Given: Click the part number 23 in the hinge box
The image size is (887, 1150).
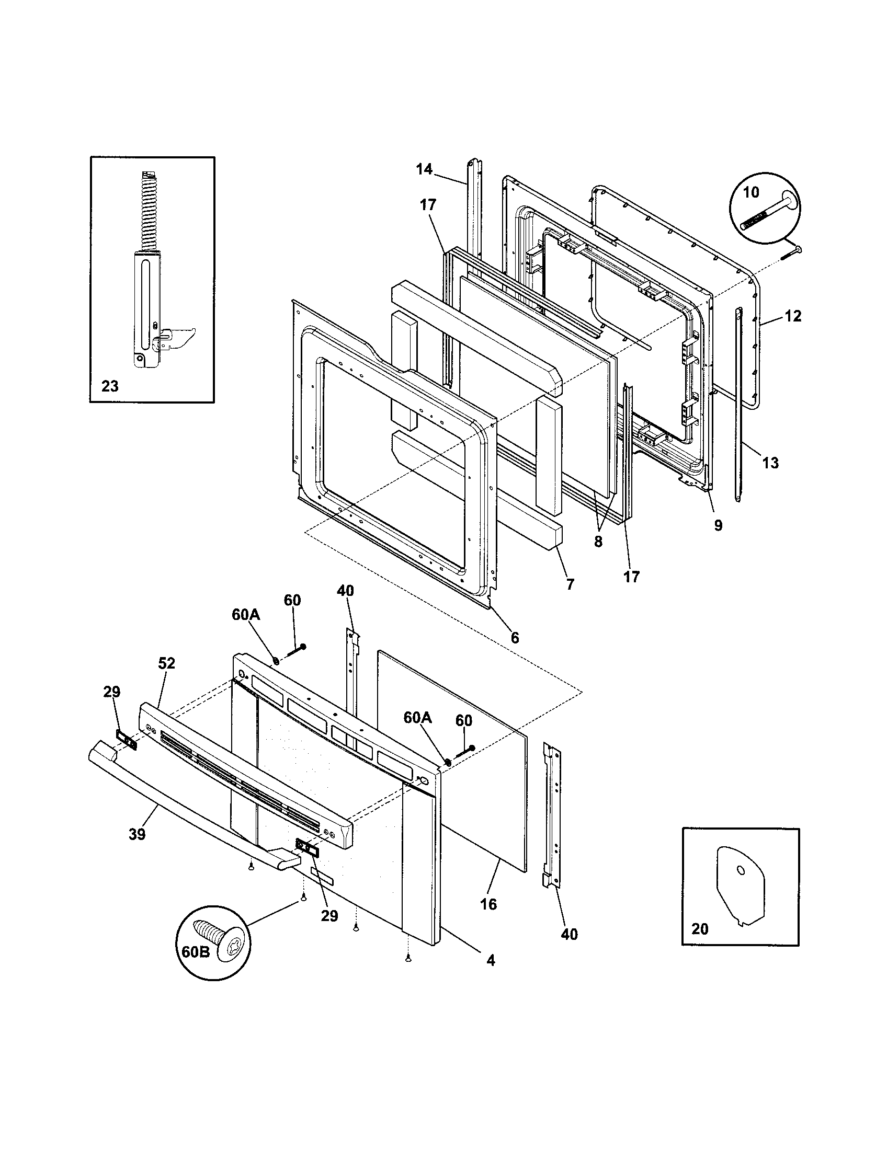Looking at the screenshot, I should pyautogui.click(x=110, y=386).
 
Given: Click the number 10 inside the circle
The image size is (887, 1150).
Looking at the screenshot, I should pyautogui.click(x=752, y=193).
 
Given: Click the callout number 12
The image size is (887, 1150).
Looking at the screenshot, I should pyautogui.click(x=793, y=316).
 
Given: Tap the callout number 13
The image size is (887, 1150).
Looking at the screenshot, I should pyautogui.click(x=770, y=463).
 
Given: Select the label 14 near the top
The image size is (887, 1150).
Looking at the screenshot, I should pyautogui.click(x=424, y=169).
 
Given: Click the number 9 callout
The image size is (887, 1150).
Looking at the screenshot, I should pyautogui.click(x=719, y=525).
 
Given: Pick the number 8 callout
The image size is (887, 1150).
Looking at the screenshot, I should pyautogui.click(x=598, y=542).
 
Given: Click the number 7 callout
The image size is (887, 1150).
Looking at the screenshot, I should pyautogui.click(x=570, y=584).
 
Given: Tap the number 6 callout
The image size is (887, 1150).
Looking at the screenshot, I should pyautogui.click(x=515, y=638).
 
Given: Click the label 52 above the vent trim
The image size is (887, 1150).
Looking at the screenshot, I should pyautogui.click(x=166, y=663).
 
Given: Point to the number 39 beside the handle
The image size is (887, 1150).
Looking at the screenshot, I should pyautogui.click(x=137, y=835).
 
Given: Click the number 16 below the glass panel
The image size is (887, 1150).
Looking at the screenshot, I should pyautogui.click(x=489, y=905).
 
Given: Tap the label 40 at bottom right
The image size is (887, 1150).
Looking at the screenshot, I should pyautogui.click(x=570, y=935).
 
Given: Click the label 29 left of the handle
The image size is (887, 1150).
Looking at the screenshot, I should pyautogui.click(x=112, y=692).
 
